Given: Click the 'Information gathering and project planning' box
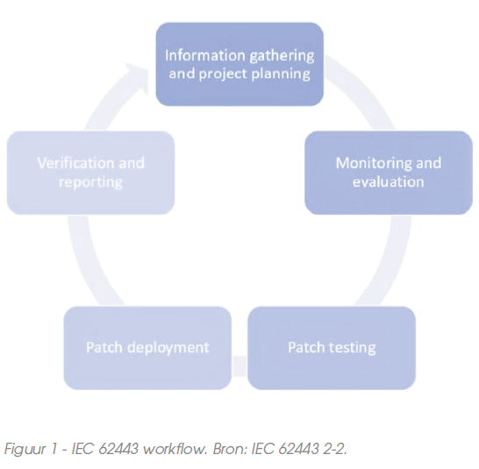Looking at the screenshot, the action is point(239,64).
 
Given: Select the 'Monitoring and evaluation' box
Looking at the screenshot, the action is point(389,173).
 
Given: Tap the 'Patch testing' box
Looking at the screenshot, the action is point(332,348).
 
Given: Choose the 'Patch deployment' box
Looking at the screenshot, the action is point(147,348).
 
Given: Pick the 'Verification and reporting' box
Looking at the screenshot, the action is point(90,173).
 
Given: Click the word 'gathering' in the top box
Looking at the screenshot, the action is point(282,57).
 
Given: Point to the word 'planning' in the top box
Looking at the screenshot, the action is point(281,75).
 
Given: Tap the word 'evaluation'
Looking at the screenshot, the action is point(389,181).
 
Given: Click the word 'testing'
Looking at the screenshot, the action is point(353,348).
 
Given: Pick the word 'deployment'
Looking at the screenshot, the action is point(168,348).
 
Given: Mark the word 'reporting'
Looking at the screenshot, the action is point(90,182).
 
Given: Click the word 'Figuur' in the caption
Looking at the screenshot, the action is point(25,449).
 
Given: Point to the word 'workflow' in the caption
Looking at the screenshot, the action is point(174,448).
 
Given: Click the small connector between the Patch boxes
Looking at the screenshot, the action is point(239,366).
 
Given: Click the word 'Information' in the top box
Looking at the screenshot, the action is point(205,55).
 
